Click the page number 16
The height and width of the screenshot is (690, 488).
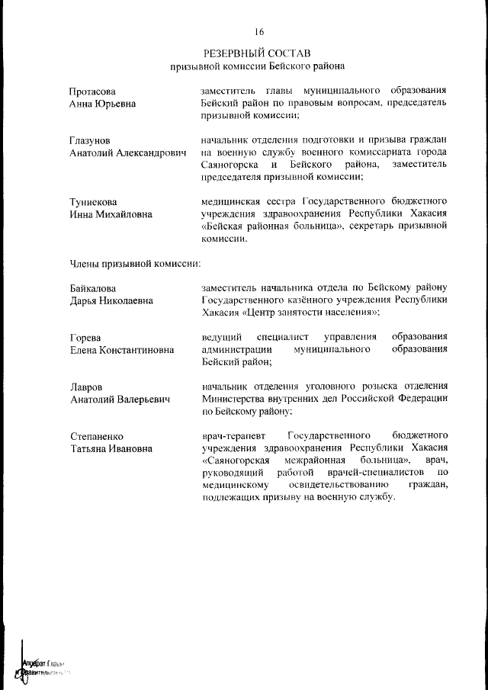[x=258, y=32]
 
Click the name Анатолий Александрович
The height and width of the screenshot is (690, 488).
[x=127, y=153]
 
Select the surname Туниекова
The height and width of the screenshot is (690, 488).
[x=93, y=202]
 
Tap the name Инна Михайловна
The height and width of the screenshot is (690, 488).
[x=111, y=214]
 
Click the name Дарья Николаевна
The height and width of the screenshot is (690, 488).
[x=111, y=300]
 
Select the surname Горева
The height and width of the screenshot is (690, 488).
[x=85, y=337]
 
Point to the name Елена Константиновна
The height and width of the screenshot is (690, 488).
[x=121, y=350]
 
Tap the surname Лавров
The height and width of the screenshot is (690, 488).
[x=85, y=387]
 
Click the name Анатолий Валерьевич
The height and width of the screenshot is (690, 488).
[x=119, y=400]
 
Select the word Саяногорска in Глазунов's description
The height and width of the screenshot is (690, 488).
[x=231, y=165]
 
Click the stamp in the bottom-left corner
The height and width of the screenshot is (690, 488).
[x=42, y=667]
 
